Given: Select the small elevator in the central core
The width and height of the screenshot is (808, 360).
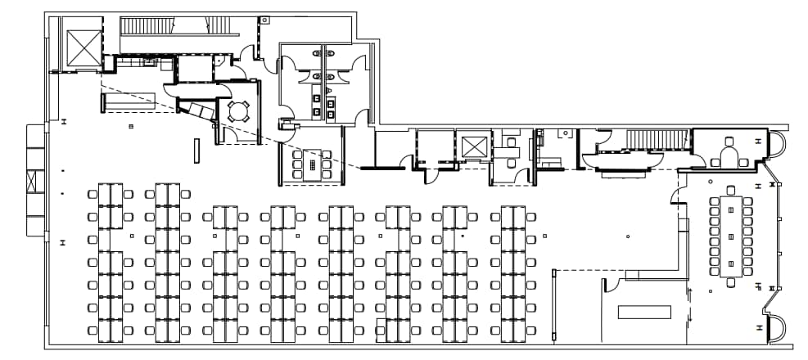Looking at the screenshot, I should click(474, 148).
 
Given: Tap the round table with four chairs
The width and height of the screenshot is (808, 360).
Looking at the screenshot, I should click(238, 111).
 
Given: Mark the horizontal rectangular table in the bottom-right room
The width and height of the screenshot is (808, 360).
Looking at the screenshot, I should click(644, 313).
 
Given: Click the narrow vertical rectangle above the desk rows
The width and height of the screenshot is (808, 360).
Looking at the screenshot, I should click(196, 151).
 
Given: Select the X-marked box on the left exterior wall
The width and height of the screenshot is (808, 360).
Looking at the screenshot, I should click(32, 182).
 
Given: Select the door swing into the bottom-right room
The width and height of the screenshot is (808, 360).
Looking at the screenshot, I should click(610, 285).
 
